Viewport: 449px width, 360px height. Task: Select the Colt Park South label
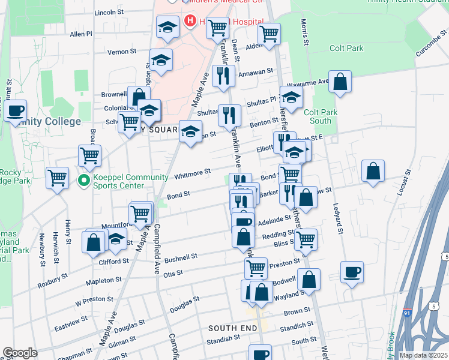coord(321,116)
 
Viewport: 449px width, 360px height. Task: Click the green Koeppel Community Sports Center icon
coord(85,179)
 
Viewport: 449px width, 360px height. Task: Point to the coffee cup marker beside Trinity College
coord(16,111)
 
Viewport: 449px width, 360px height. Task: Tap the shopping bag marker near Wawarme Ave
coord(340,82)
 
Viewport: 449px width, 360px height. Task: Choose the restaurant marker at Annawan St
coord(223,76)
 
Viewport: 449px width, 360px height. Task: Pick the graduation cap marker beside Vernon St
coord(161,60)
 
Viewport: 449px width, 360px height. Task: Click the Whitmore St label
coord(192,174)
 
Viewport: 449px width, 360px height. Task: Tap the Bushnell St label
coord(181,257)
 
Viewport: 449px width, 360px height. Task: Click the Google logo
coord(20,352)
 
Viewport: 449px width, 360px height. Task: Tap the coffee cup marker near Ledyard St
coord(352,272)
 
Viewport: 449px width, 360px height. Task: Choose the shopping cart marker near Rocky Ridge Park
coord(58,177)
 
